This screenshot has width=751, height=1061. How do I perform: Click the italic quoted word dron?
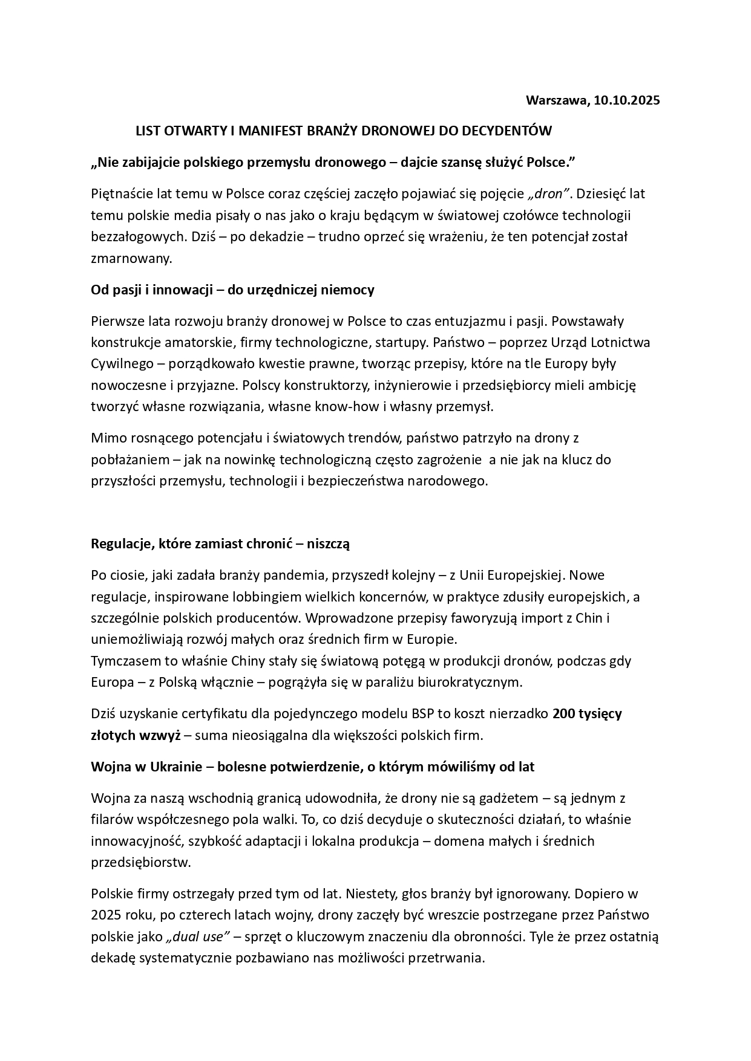pyautogui.click(x=549, y=194)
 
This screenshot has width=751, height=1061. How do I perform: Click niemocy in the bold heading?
pyautogui.click(x=352, y=290)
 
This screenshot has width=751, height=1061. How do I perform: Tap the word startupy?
pyautogui.click(x=401, y=343)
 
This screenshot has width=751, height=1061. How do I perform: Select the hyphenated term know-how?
pyautogui.click(x=347, y=406)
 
